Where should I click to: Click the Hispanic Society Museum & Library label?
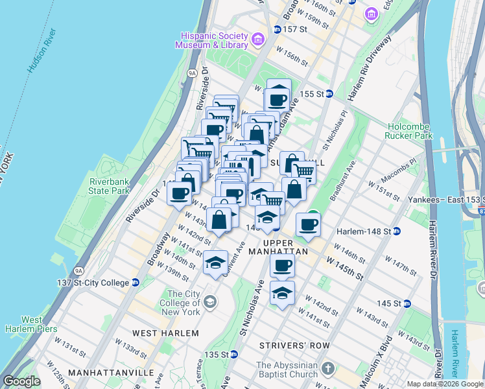tap(211, 40)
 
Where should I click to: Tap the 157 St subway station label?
tap(293, 29)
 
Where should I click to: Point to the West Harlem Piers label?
tap(32, 324)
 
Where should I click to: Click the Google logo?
tap(21, 381)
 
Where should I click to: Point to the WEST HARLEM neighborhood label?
tap(165, 333)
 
